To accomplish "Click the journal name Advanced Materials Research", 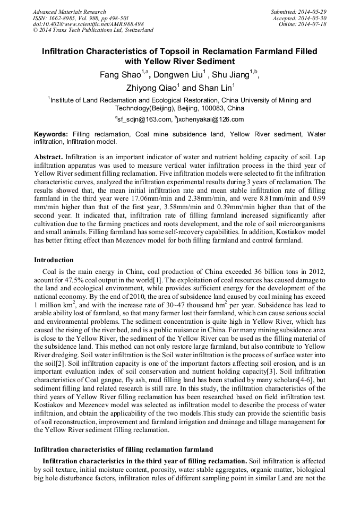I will pos(69,12).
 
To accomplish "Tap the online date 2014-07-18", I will pos(314,24).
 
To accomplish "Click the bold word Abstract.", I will pos(48,158).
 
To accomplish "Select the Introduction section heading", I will pos(54,260).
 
